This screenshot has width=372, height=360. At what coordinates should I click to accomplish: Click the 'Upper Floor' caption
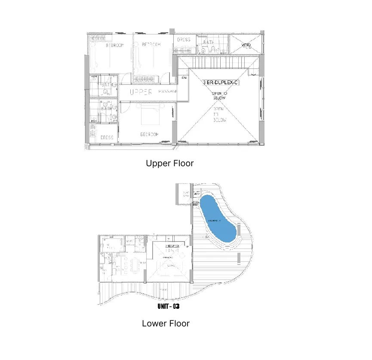pos(169,164)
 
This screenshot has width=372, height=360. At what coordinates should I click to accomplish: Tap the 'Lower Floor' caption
pos(166,323)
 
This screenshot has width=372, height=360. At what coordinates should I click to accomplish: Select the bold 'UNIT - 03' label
pos(168,307)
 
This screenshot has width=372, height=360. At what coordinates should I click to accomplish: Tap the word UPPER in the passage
pos(141,92)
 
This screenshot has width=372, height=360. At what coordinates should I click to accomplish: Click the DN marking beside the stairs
pos(184,78)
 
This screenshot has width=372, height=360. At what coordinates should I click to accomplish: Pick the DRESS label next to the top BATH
pos(184,40)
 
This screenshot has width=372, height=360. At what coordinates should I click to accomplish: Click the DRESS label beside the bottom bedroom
pos(107,138)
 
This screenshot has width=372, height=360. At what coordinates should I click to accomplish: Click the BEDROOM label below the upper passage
pos(149,135)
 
